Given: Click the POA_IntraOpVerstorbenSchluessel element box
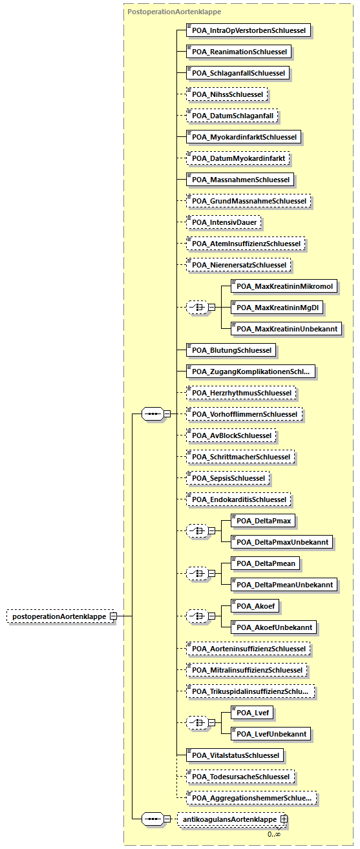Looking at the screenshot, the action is [249, 31].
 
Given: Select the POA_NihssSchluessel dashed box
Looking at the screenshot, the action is [227, 94].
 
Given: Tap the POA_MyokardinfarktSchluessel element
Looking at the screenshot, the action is [244, 137].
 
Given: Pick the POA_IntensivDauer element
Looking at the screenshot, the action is [224, 222].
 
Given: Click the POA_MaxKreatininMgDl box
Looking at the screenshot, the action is [277, 308].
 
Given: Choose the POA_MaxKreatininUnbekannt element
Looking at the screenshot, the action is [286, 329].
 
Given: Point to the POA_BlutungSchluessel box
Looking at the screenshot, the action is [231, 350].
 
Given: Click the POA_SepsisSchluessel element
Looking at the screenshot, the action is [228, 478].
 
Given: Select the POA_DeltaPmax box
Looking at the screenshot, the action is [263, 521].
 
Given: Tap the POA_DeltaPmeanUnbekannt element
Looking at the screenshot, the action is [284, 585].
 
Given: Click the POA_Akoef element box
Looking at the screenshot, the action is [255, 606].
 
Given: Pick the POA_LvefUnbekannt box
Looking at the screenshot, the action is [271, 734].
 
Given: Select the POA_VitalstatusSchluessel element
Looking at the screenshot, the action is [235, 755].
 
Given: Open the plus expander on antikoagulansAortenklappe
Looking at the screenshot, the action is [284, 819].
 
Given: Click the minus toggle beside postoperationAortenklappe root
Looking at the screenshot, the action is [113, 616].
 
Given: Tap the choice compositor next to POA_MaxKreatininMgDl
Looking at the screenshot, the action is [197, 308].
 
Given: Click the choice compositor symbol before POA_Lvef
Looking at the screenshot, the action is [197, 722].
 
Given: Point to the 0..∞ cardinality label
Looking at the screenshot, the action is [274, 834].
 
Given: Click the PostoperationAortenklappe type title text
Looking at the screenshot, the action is [175, 12].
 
